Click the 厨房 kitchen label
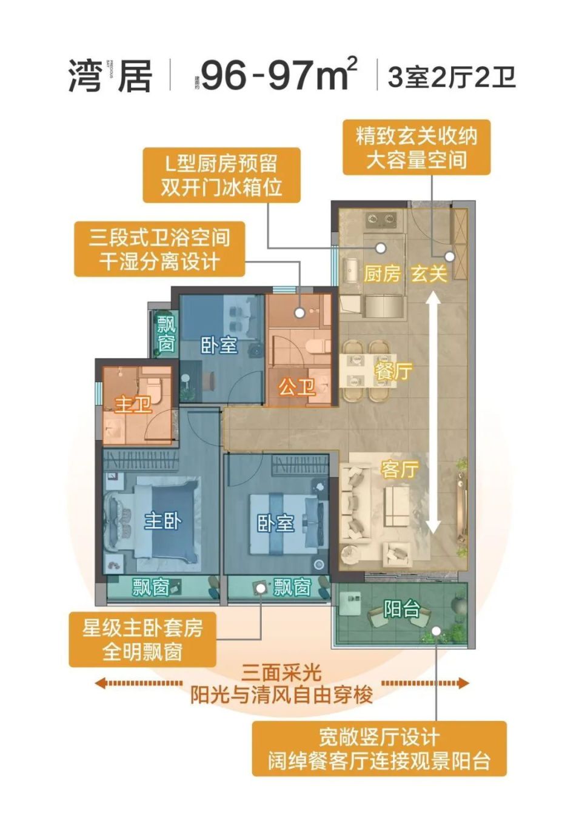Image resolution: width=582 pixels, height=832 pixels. point(382,273)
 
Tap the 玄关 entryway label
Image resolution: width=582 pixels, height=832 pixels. point(429,273)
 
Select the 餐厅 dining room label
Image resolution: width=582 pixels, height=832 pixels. point(393,371)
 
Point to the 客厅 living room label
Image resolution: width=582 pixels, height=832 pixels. point(400,469)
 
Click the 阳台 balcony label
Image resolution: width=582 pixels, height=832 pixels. point(401,608)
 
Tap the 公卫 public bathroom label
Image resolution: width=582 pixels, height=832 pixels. point(296,386)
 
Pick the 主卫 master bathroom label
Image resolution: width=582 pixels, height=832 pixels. point(133,403)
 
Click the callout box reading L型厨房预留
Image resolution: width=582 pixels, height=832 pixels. point(221,175)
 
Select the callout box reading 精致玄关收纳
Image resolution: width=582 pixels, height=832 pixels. point(416,147)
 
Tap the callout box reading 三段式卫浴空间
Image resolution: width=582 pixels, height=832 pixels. point(159,249)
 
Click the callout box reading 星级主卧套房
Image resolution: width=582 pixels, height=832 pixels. point(142,640)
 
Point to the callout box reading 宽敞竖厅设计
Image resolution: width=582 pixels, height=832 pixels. point(379,748)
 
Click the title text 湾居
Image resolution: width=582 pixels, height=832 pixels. point(110,76)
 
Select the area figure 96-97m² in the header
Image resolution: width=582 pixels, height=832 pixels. point(279,75)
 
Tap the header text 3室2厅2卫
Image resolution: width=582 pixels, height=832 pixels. point(452,78)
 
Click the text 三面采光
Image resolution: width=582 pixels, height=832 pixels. point(281,673)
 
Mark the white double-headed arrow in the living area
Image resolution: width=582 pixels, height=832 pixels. point(433,413)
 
